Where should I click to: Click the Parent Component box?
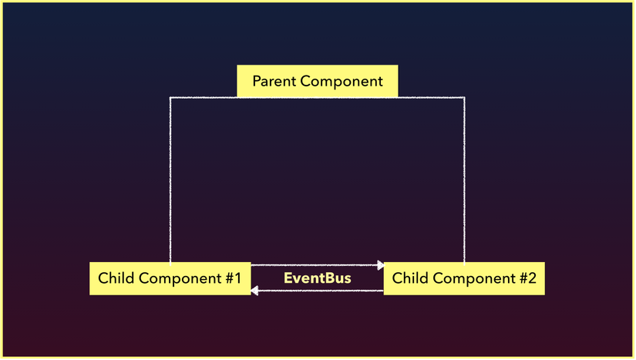(317, 81)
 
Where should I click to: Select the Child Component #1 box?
(170, 278)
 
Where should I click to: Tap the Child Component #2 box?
(464, 278)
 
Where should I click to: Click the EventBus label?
(317, 278)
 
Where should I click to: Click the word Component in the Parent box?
(342, 82)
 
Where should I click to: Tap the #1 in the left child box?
(234, 278)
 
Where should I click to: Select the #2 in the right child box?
(528, 278)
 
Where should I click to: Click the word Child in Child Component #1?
(116, 278)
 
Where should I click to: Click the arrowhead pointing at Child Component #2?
(381, 265)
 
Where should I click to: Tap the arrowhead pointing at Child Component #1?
(254, 291)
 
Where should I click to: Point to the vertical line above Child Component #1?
(170, 180)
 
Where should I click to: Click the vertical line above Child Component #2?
(464, 180)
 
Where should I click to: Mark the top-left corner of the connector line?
(170, 98)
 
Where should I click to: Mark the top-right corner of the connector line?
(464, 98)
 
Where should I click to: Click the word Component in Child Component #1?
(180, 278)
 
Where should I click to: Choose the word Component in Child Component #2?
(474, 278)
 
